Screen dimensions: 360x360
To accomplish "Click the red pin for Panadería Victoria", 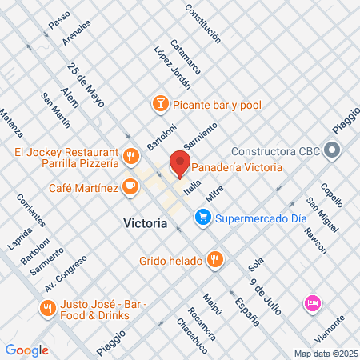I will [179, 166].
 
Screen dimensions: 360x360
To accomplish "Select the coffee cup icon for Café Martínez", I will [130, 186].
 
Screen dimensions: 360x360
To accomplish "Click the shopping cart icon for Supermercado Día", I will [205, 215].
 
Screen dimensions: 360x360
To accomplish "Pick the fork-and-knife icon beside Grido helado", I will [214, 260].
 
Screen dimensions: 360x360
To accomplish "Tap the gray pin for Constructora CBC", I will [334, 150].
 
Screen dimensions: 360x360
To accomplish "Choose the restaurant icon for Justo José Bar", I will [47, 307].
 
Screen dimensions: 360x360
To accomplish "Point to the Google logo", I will [27, 350].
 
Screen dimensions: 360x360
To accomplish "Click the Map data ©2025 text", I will [325, 353].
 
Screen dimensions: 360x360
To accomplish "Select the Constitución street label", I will [202, 22].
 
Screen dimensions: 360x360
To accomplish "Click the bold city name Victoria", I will [146, 222].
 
